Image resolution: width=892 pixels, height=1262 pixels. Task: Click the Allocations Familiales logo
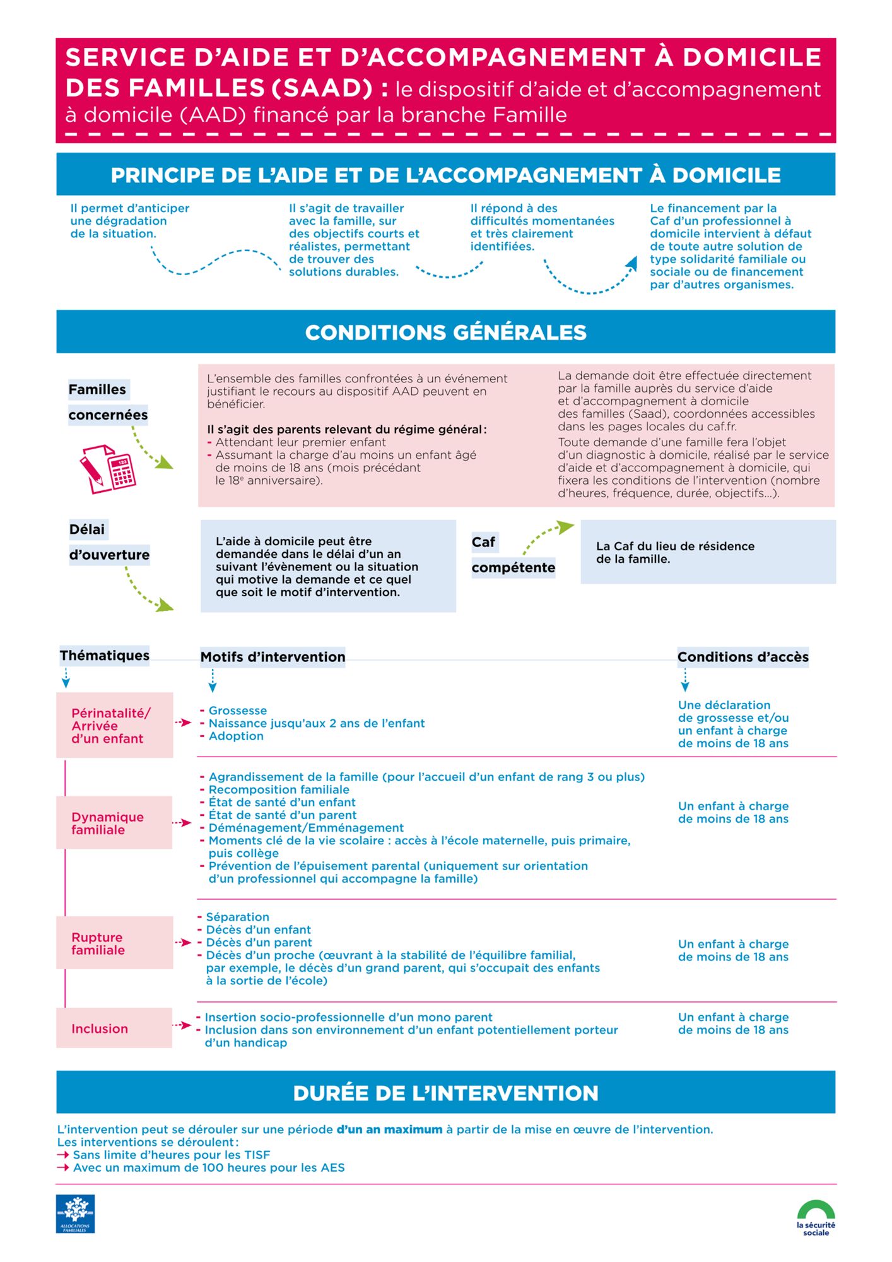pos(75,1213)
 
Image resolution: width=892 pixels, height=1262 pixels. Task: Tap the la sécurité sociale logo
pos(816,1217)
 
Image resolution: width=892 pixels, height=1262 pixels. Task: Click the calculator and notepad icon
pos(107,469)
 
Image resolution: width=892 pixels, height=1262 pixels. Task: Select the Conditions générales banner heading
pos(445,333)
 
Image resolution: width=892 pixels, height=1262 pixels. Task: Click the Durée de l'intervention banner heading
pos(445,1093)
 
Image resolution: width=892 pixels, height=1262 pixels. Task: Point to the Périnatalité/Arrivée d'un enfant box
pos(114,726)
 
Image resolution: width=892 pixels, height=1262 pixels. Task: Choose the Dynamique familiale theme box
pos(114,823)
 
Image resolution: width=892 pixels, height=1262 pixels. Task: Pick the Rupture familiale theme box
pos(114,943)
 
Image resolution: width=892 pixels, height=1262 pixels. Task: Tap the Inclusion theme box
pos(114,1028)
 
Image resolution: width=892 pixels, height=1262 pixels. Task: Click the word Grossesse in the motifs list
pos(237,711)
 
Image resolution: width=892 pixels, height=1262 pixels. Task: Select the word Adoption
pos(236,736)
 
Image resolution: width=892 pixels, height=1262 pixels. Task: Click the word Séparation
pos(237,917)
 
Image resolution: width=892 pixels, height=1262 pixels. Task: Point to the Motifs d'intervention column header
pos(273,657)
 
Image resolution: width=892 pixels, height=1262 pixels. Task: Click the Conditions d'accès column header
pos(742,657)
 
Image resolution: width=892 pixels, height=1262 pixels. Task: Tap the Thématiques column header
pos(105,656)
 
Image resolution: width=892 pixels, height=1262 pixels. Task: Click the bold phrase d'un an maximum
pos(389,1129)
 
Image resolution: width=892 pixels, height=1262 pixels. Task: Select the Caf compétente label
pos(512,555)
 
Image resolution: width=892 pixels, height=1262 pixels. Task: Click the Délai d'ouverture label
pos(109,543)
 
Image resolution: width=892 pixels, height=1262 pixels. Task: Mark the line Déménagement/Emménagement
pos(306,828)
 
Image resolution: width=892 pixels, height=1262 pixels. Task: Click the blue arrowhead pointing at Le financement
pos(631,263)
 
